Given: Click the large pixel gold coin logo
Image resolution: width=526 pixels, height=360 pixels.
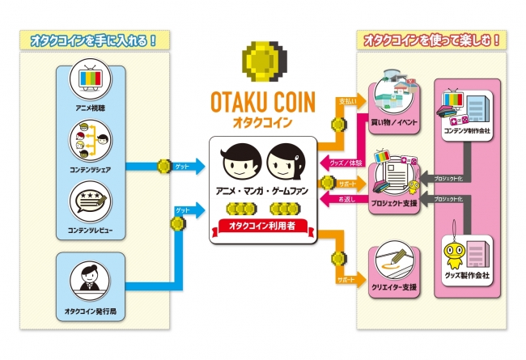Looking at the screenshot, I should pyautogui.click(x=263, y=61).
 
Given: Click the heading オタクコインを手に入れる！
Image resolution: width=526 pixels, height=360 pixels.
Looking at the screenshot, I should pyautogui.click(x=88, y=39).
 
